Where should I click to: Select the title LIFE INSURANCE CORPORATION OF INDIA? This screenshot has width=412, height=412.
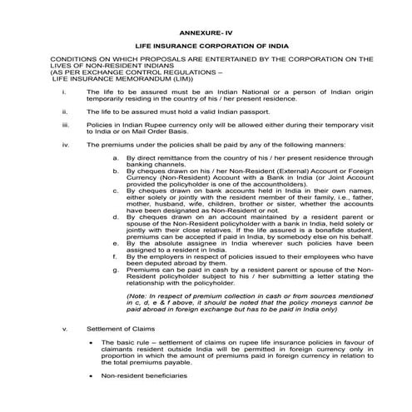[206, 49]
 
